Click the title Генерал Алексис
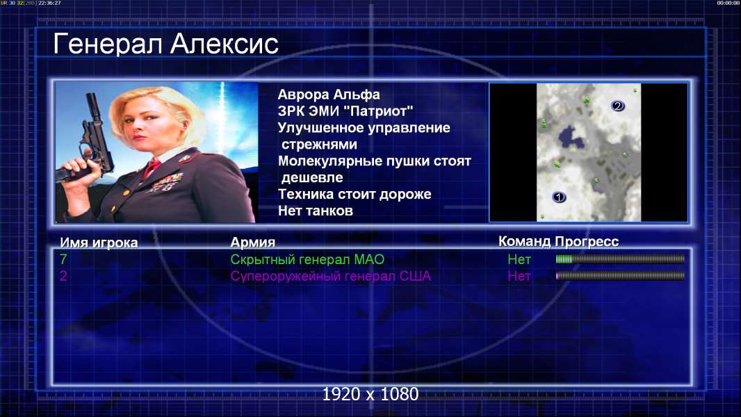pyautogui.click(x=166, y=44)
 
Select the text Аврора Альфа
pyautogui.click(x=328, y=95)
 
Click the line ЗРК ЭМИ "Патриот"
pyautogui.click(x=345, y=111)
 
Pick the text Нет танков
pyautogui.click(x=315, y=211)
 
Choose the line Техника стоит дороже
pyautogui.click(x=355, y=194)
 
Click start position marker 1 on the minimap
pyautogui.click(x=559, y=197)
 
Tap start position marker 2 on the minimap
pyautogui.click(x=617, y=106)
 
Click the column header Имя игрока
pyautogui.click(x=99, y=243)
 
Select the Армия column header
pyautogui.click(x=252, y=243)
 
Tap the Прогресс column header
pyautogui.click(x=587, y=241)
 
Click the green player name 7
pyautogui.click(x=63, y=259)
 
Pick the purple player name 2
pyautogui.click(x=63, y=276)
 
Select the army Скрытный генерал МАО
pyautogui.click(x=307, y=259)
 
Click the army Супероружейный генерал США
pyautogui.click(x=331, y=276)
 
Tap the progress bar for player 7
pyautogui.click(x=620, y=259)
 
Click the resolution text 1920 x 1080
pyautogui.click(x=370, y=394)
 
